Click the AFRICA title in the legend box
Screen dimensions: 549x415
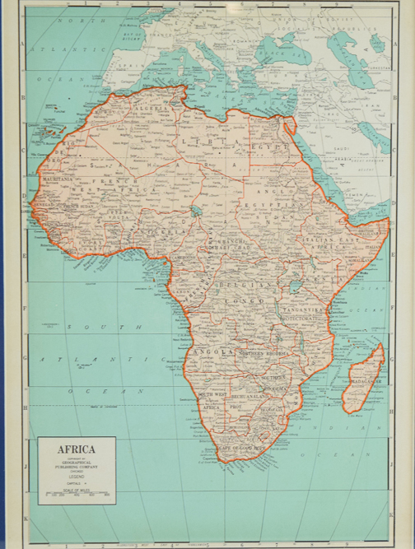tap(76, 449)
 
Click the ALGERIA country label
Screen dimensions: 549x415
tap(151, 108)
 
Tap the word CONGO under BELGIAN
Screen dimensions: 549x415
tap(243, 301)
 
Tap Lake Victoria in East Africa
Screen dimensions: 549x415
tap(294, 288)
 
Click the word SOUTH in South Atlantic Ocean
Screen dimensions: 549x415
tap(82, 327)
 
